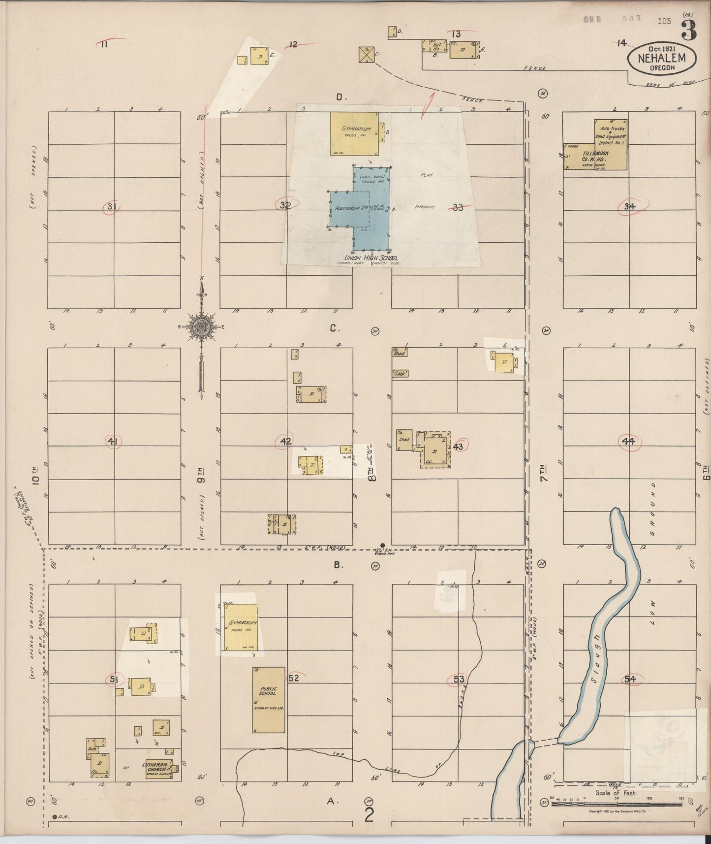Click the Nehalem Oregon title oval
tap(662, 58)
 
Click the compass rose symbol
tap(201, 327)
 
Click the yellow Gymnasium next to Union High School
tap(354, 133)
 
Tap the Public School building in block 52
tap(269, 700)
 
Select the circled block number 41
tap(113, 442)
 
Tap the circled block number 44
tap(628, 442)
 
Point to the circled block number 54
tap(630, 679)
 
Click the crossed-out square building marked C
tap(366, 55)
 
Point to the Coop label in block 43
tap(400, 373)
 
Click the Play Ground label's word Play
tap(426, 175)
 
